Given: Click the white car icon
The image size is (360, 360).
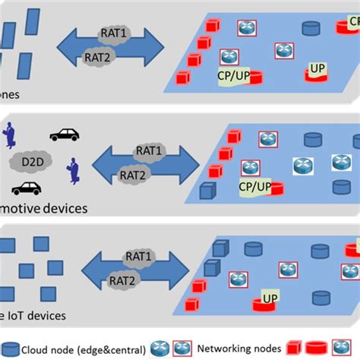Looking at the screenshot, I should (x=64, y=134).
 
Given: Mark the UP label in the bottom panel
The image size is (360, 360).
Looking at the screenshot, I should (x=269, y=298).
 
